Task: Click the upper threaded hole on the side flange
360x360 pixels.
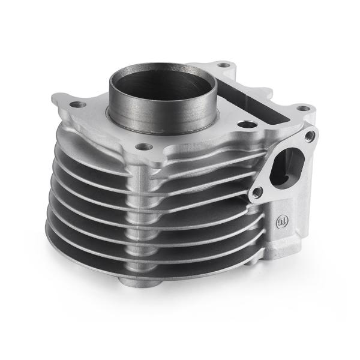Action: (x=310, y=137)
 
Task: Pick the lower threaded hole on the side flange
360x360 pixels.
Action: (x=257, y=193)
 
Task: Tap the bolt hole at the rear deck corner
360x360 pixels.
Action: (x=224, y=64)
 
